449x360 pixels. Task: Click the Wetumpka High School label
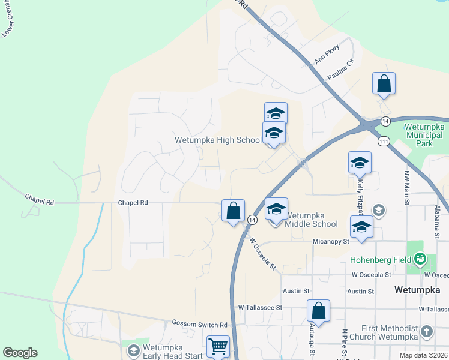[218, 140]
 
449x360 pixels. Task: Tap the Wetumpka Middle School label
[311, 219]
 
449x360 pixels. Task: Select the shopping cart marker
[218, 346]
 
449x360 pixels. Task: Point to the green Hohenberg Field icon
[420, 259]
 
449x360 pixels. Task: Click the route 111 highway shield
[384, 141]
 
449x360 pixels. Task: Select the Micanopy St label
[331, 241]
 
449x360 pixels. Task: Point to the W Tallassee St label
[260, 307]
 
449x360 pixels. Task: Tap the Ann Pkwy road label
[327, 54]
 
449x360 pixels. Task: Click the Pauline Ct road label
[340, 70]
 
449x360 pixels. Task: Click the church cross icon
[426, 331]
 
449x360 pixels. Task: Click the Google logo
[20, 353]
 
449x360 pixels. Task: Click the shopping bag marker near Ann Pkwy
[384, 84]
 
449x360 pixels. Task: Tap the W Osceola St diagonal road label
[262, 253]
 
